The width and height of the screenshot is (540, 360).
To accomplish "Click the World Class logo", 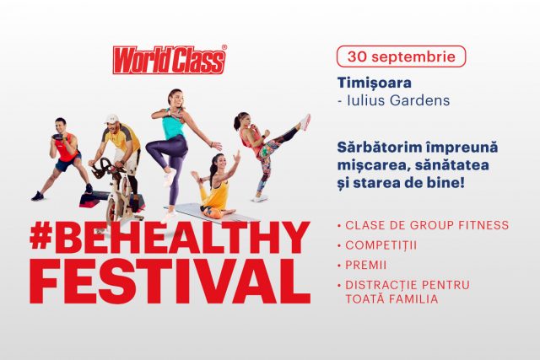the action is (x=170, y=60).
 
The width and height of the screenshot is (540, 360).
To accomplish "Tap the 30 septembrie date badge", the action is (x=402, y=56).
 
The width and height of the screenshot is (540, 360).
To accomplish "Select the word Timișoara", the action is (x=375, y=83).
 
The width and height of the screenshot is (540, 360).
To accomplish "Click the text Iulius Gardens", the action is (x=398, y=101).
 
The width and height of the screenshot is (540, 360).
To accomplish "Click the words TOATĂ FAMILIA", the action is (x=391, y=298).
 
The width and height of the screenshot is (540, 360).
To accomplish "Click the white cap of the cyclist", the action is (x=112, y=119).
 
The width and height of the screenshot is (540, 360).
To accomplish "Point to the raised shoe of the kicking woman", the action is (x=305, y=122).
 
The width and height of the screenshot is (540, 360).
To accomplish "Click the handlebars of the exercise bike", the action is (x=103, y=168).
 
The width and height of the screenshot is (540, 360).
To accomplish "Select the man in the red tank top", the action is (x=61, y=159).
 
